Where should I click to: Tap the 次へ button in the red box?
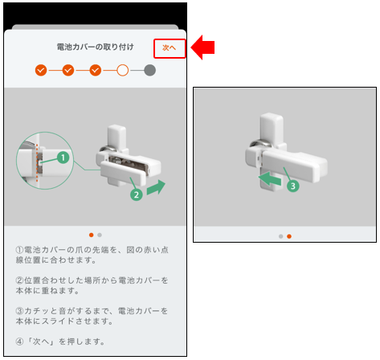coord(169,48)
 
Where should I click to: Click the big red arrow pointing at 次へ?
coord(202,47)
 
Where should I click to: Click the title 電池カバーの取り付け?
coord(95,47)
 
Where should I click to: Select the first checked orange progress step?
coord(41,71)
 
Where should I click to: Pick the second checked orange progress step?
coord(68,71)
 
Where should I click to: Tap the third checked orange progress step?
coord(96,71)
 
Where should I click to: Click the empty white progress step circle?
coord(123,71)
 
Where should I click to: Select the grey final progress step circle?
coord(149,71)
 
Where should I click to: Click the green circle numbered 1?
coord(63,157)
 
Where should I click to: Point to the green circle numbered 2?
coord(137,194)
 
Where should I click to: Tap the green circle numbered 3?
coord(293,186)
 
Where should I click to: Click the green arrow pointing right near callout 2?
coord(156,187)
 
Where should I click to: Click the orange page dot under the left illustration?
coord(92,235)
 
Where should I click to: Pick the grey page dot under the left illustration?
coord(100,235)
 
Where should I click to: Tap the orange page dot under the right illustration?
coord(289,236)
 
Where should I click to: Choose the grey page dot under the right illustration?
coord(280,236)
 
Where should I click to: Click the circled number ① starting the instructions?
coord(19,250)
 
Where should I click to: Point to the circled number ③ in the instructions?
coord(19,311)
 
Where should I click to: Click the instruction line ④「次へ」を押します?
coord(60,342)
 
